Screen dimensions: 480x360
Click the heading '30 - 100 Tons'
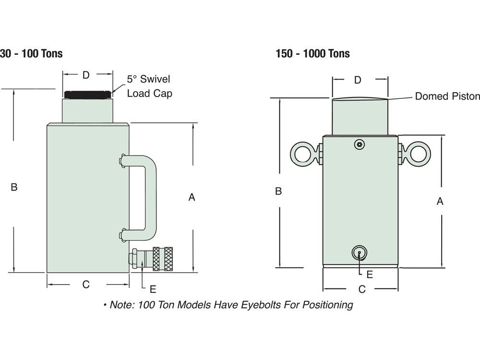click(x=31, y=54)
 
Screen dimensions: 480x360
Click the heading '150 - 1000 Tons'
click(x=312, y=54)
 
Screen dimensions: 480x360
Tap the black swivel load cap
click(x=87, y=95)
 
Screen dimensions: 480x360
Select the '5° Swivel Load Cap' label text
click(x=149, y=86)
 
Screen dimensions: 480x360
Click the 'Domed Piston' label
click(x=447, y=96)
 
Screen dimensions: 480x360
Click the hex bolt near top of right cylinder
click(x=360, y=144)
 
